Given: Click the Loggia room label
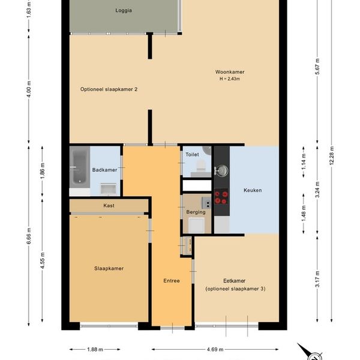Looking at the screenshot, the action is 124,11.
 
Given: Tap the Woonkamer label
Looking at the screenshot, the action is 230,72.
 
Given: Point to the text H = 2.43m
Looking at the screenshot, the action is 230,79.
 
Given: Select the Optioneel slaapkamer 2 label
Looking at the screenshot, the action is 109,89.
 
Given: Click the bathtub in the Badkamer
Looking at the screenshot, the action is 80,167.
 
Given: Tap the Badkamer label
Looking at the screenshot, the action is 104,170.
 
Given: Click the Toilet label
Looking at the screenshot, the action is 192,155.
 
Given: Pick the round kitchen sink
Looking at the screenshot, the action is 221,171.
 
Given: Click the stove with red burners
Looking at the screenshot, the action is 221,197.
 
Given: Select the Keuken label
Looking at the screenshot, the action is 253,190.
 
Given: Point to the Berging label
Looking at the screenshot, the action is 196,212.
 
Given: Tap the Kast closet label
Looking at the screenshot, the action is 109,205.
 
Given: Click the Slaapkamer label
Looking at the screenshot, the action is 109,268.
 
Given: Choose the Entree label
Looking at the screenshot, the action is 172,281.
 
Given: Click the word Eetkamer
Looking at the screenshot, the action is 235,281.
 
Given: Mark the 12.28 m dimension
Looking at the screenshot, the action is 332,155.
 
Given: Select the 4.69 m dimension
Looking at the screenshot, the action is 215,349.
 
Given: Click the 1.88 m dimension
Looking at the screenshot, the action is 95,349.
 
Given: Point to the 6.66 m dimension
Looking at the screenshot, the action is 29,236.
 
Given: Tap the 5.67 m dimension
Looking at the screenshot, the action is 317,67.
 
